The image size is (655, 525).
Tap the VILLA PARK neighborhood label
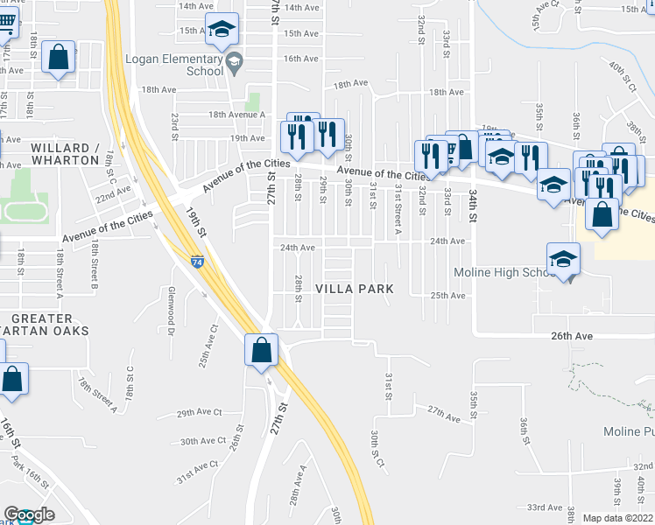[354, 289]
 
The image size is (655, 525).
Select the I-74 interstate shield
[198, 262]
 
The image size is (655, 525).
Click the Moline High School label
[501, 272]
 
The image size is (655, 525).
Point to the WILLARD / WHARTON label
[65, 154]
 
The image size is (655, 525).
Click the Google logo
[29, 514]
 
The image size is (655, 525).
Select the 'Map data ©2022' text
[617, 518]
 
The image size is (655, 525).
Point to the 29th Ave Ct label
[199, 413]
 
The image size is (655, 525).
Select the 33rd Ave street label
[544, 507]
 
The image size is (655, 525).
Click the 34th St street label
[473, 202]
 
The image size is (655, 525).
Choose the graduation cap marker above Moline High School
[563, 259]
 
